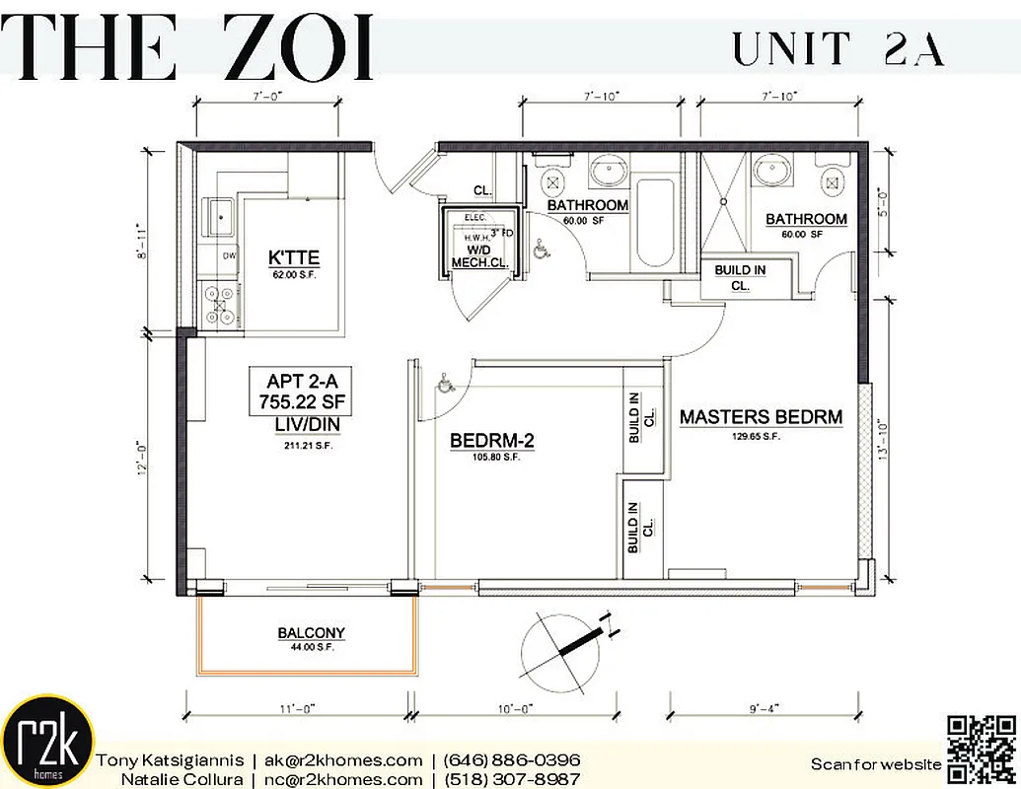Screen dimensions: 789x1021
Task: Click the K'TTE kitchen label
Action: click(294, 258)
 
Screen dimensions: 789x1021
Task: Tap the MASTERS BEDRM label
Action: click(761, 417)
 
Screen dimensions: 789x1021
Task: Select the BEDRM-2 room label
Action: click(491, 441)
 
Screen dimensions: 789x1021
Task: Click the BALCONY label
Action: click(311, 633)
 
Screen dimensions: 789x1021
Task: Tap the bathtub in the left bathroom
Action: click(655, 222)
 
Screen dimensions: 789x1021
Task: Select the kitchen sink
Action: click(218, 216)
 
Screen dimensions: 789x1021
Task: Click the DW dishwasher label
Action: click(229, 255)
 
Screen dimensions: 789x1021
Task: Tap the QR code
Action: click(981, 749)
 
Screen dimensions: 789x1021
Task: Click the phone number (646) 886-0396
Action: click(511, 760)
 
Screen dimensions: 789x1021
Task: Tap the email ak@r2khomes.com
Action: click(342, 760)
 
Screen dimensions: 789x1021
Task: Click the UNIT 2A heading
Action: click(838, 48)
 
